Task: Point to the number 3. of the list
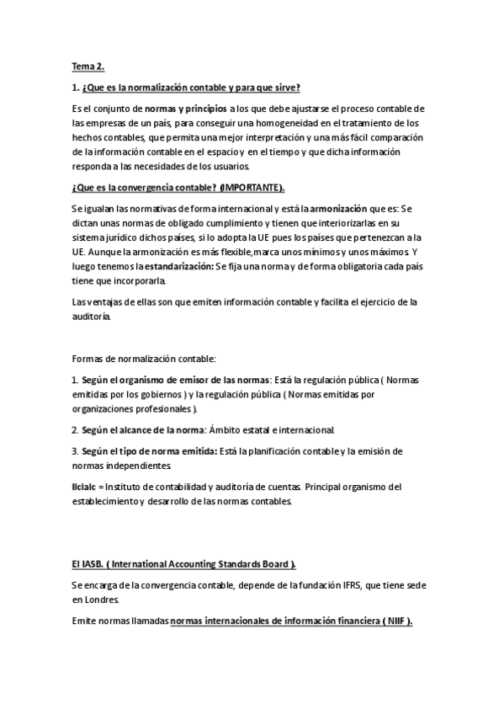tap(75, 451)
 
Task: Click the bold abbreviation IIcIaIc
tap(85, 487)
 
